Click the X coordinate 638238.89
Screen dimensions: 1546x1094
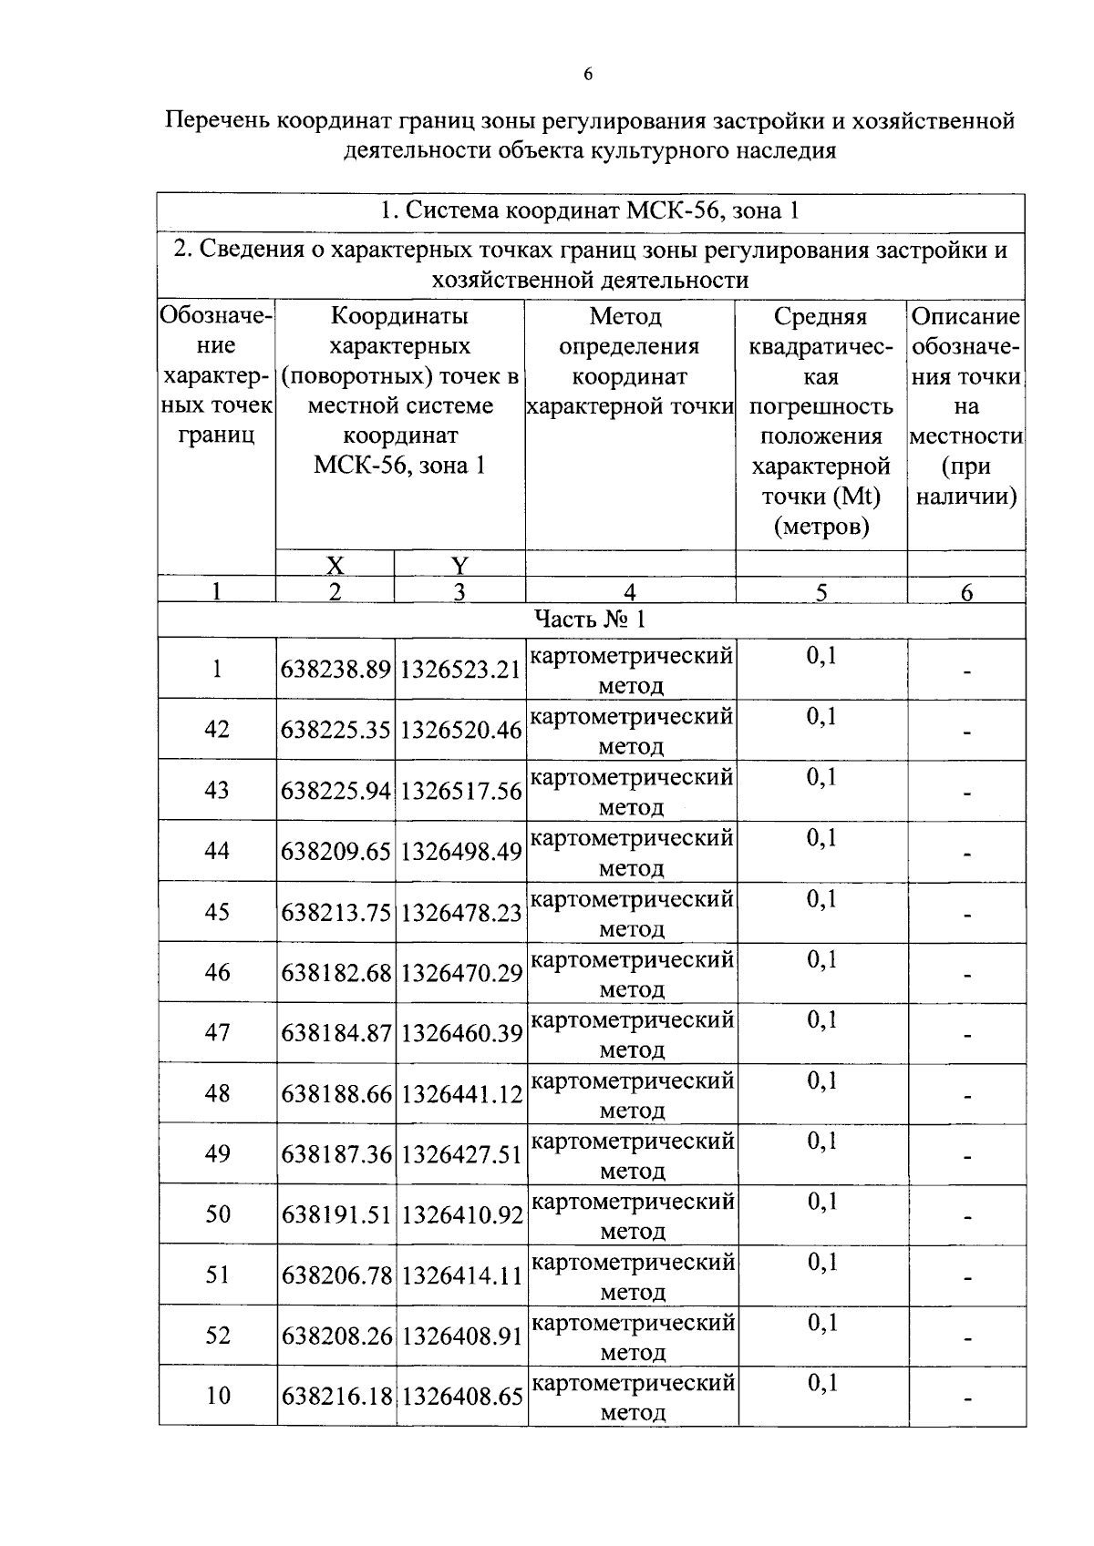(335, 670)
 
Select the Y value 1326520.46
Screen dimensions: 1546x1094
(460, 731)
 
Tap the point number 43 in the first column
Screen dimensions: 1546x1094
(217, 790)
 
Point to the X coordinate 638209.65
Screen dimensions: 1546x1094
(335, 852)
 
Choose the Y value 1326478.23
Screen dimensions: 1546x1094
(460, 913)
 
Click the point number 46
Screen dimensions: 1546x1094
(217, 972)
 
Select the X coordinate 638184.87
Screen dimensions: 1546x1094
(335, 1034)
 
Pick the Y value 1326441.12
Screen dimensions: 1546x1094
(460, 1094)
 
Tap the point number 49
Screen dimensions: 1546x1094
(217, 1154)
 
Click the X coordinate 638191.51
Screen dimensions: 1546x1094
(335, 1215)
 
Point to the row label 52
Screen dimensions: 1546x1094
(217, 1336)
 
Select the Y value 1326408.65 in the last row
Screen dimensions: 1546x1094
(460, 1397)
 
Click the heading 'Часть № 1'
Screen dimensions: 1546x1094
(590, 619)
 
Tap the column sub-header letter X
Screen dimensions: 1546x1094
(335, 566)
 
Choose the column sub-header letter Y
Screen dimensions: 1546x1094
(459, 566)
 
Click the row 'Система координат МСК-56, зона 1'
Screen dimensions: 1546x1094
(590, 211)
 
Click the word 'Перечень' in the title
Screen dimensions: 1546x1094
(218, 120)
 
